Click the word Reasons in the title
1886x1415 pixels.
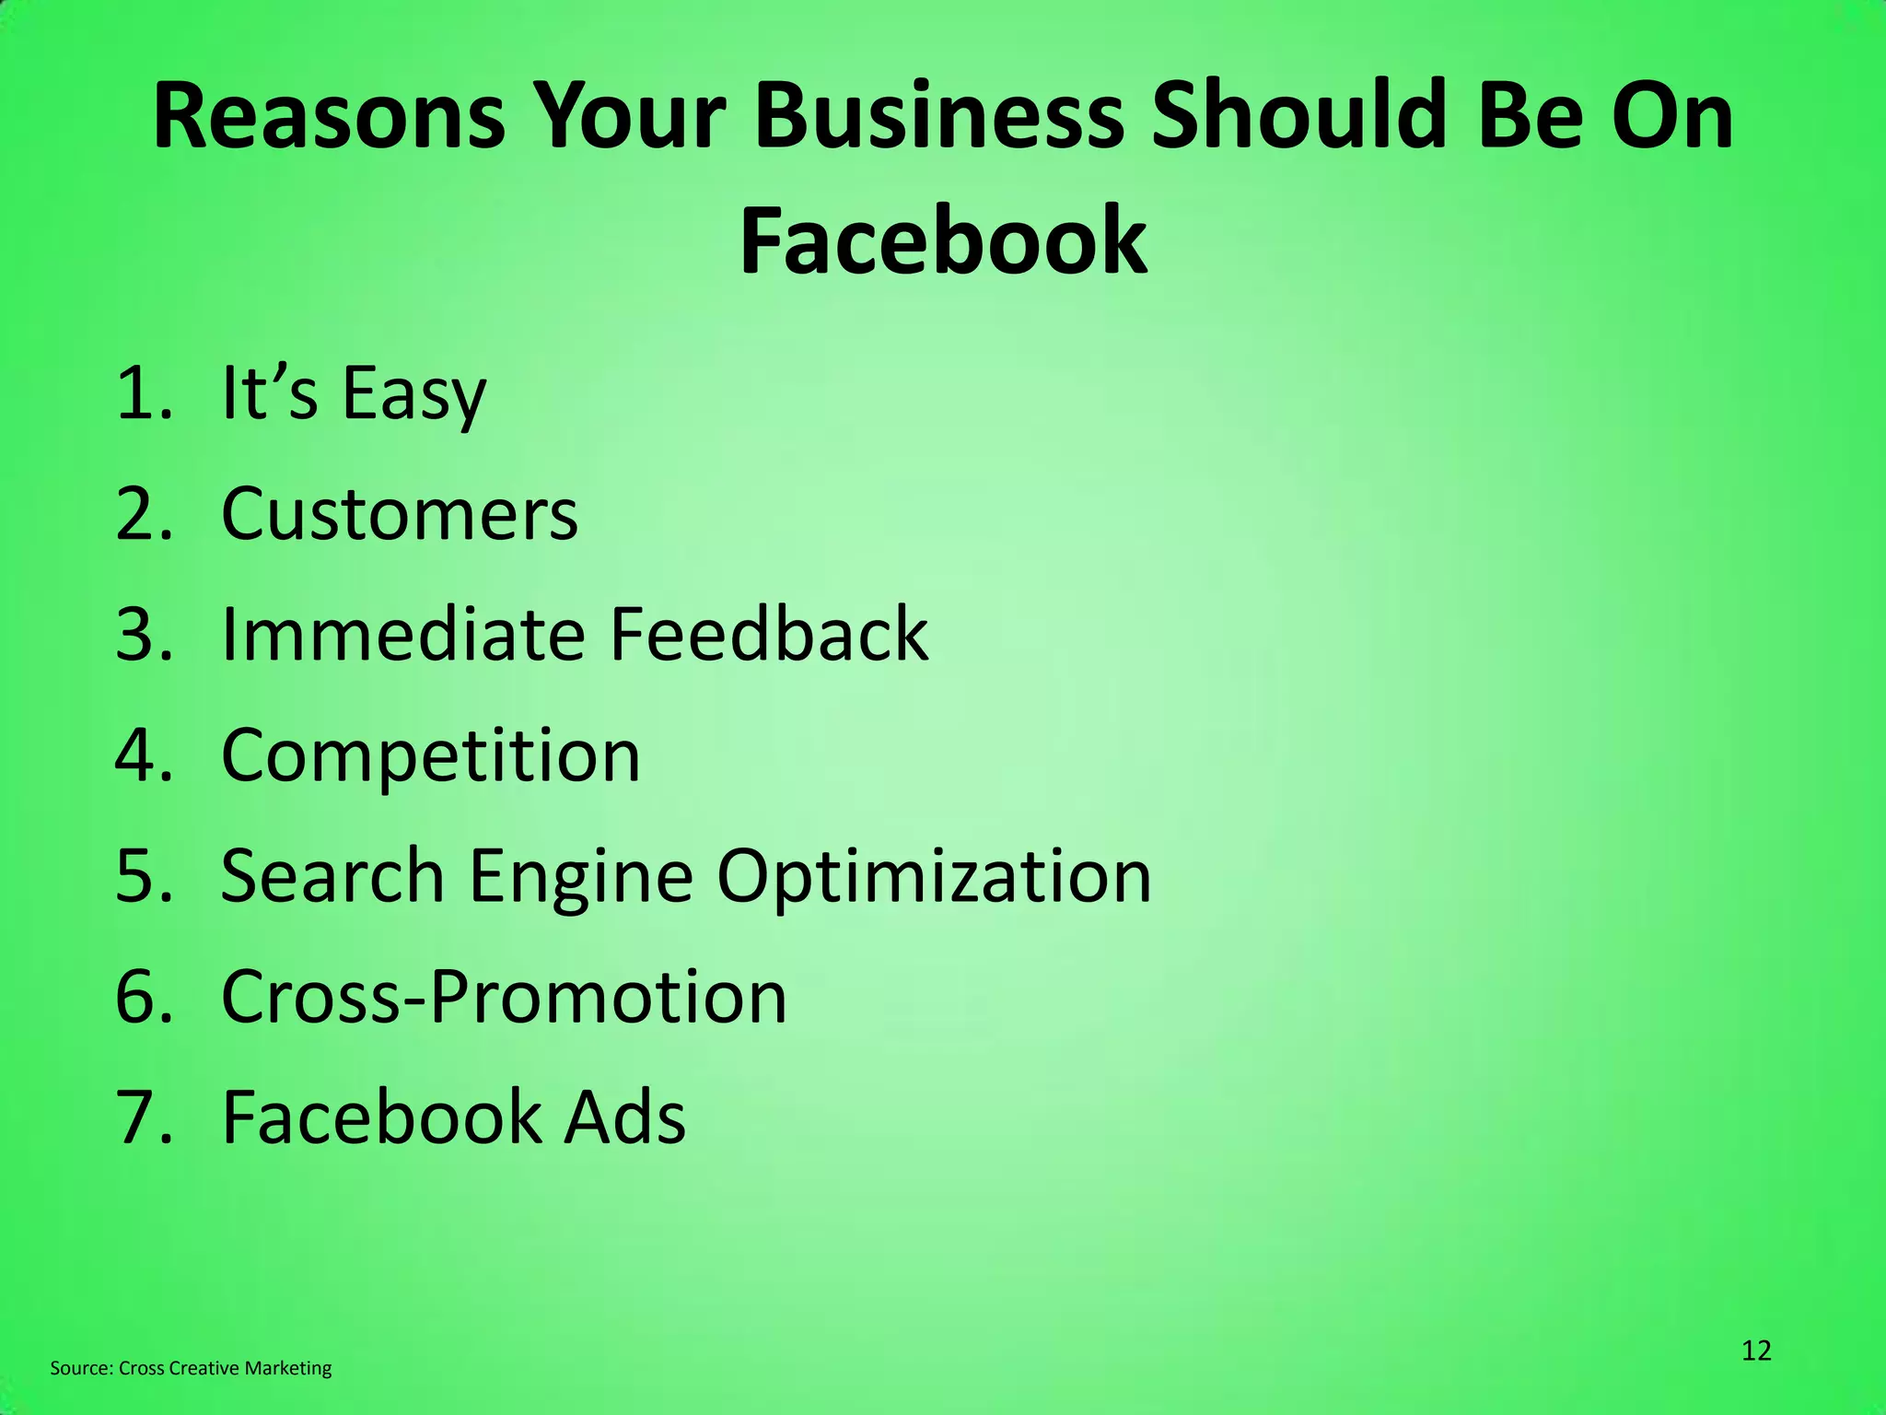[x=329, y=117]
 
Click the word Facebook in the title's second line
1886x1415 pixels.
[x=943, y=241]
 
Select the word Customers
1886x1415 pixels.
[x=400, y=514]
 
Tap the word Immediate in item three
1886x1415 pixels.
[x=403, y=635]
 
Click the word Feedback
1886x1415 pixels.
[x=769, y=635]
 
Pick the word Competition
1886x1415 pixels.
[x=431, y=755]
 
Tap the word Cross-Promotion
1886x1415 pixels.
[x=505, y=997]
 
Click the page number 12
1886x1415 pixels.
[x=1756, y=1351]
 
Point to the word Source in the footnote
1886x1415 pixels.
[x=81, y=1369]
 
